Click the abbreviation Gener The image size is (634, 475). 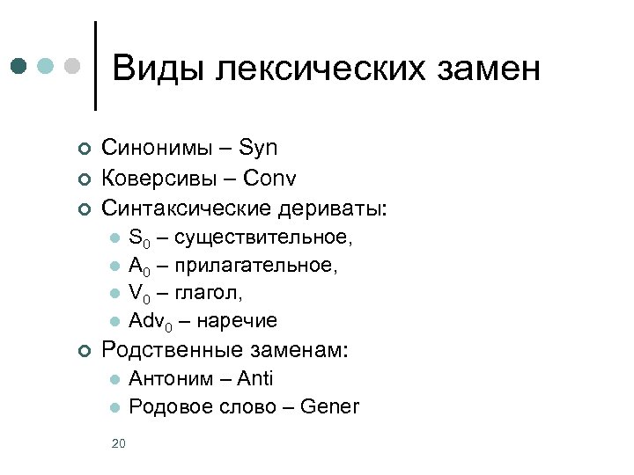coord(329,406)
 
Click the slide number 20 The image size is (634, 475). coord(119,443)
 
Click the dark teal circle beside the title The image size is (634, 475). coord(20,67)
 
